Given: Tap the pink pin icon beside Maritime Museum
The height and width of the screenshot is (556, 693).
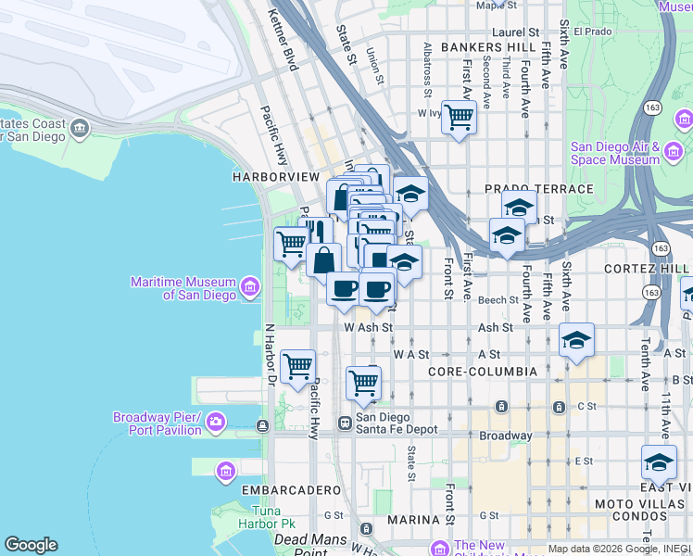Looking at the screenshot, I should pos(249,287).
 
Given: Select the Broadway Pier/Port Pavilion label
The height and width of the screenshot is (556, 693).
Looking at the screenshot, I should pos(157,423).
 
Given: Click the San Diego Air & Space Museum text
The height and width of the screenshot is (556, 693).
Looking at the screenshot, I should pos(614,153).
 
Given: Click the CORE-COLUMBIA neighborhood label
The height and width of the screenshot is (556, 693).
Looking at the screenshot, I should pos(483,372).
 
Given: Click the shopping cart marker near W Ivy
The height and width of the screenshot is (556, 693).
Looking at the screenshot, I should pos(459,118).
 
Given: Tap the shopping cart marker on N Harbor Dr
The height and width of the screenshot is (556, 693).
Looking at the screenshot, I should pos(297,366).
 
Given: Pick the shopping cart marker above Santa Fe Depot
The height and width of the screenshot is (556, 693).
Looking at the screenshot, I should pos(364,383).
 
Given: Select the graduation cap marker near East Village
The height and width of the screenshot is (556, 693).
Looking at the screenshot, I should pos(659,462).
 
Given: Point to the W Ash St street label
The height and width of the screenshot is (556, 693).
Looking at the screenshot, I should pos(368,327).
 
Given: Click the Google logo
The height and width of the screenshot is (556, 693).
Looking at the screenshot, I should pos(31,545).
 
